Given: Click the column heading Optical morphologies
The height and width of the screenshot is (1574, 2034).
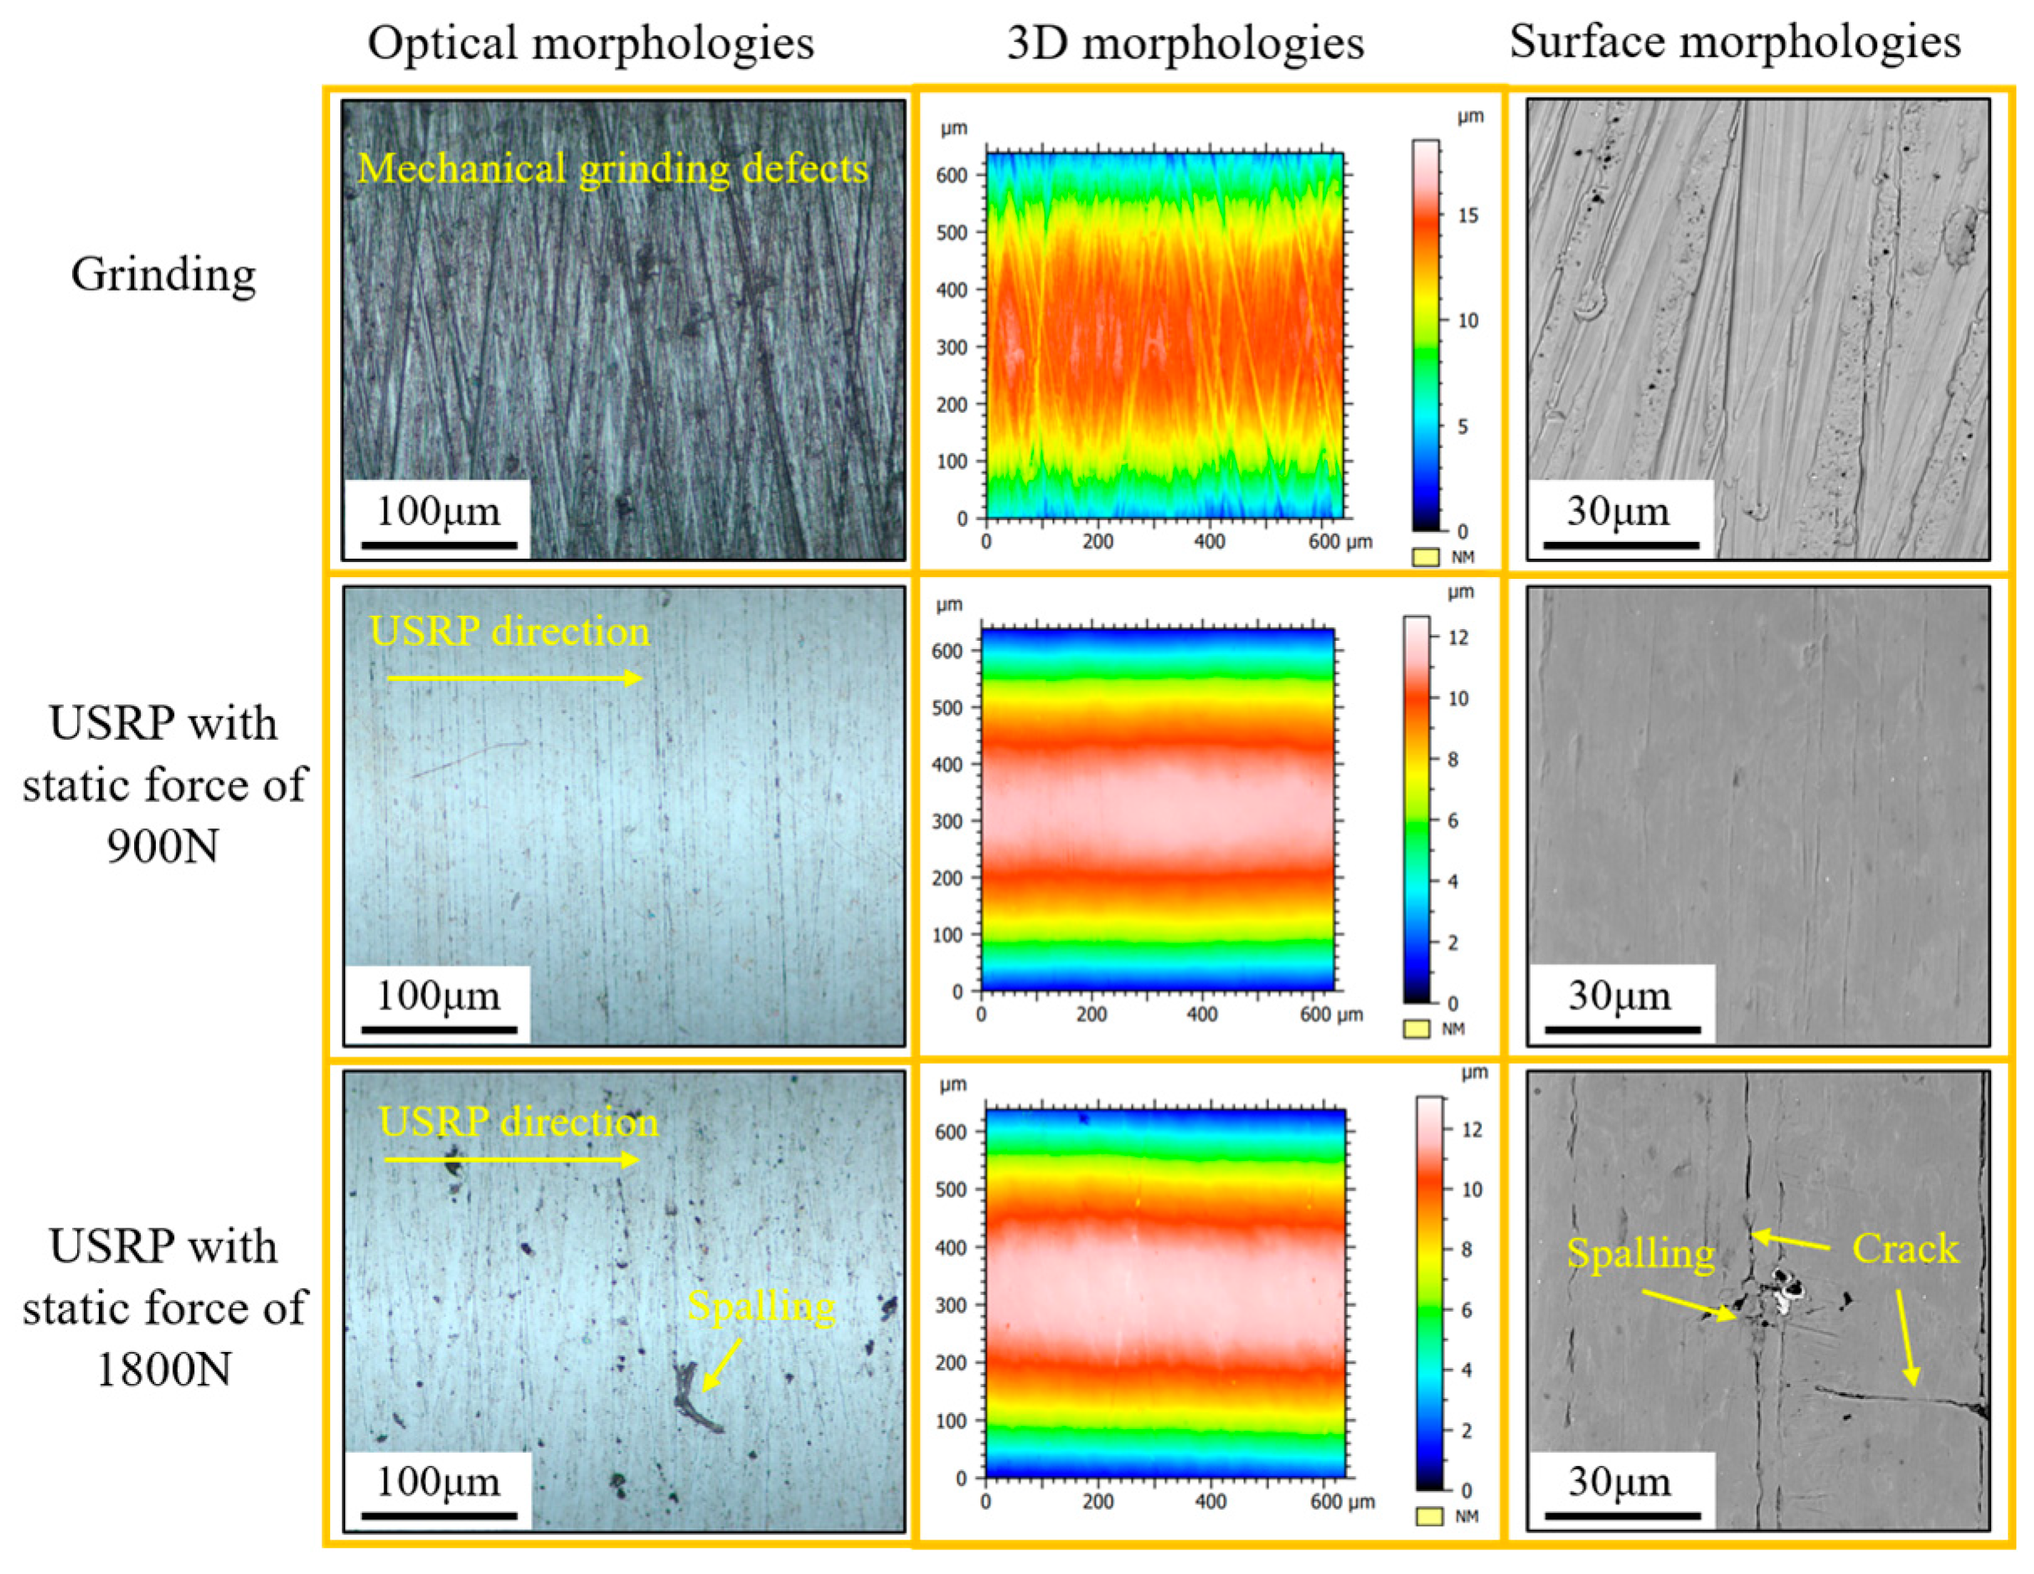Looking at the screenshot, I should click(x=591, y=44).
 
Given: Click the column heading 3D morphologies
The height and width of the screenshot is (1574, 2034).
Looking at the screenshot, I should click(x=1185, y=44).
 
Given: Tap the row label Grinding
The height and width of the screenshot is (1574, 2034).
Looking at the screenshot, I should click(x=163, y=275).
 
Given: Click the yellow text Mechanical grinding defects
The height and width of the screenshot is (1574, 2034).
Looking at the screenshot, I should click(x=612, y=168).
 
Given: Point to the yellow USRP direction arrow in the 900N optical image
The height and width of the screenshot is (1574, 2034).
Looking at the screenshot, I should click(x=514, y=678).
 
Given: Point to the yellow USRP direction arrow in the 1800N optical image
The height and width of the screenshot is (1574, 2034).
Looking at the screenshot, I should click(x=511, y=1159).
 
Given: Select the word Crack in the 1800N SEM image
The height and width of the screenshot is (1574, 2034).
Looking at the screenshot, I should click(x=1904, y=1248).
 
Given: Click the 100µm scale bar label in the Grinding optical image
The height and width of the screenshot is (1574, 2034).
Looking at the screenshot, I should click(x=438, y=510).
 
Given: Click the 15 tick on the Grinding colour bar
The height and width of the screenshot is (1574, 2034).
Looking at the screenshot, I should click(x=1468, y=215).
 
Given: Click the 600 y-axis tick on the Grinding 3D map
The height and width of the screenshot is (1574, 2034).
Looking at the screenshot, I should click(x=952, y=175).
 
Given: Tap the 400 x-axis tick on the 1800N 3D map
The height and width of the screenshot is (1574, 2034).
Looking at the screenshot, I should click(x=1210, y=1501).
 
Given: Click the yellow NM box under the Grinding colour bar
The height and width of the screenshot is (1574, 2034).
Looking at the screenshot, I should click(x=1425, y=557).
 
